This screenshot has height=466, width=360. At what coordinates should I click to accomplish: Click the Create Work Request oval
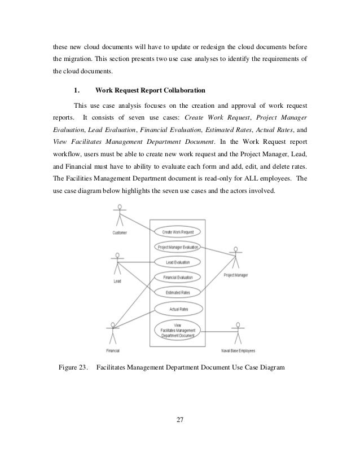[178, 232]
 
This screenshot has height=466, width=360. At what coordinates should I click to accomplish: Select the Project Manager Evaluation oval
[178, 247]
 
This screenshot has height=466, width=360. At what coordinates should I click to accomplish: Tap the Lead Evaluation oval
[178, 262]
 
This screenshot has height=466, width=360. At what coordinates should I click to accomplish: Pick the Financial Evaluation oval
[178, 278]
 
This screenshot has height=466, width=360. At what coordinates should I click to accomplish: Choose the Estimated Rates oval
[178, 292]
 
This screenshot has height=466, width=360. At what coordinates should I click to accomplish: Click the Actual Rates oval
[178, 309]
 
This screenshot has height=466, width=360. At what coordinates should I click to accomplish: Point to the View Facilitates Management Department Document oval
[178, 331]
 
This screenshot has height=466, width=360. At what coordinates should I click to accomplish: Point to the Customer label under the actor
[119, 232]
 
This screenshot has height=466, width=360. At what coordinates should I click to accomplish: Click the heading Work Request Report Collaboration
[150, 90]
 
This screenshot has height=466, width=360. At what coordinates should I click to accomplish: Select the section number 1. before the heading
[77, 90]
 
